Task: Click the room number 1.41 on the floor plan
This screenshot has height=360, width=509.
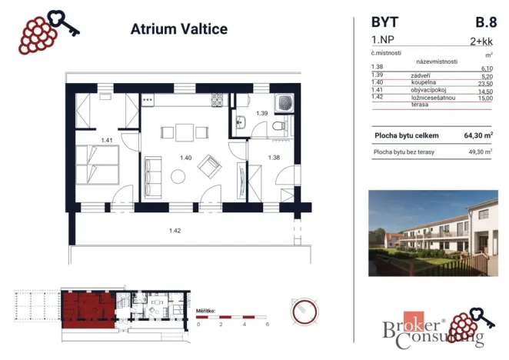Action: [x=107, y=140]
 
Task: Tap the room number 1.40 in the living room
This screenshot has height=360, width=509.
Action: [x=185, y=158]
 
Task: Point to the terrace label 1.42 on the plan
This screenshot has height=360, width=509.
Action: [x=176, y=228]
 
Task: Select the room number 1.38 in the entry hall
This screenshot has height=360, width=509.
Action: [x=273, y=158]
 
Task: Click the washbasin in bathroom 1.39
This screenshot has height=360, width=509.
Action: [x=240, y=119]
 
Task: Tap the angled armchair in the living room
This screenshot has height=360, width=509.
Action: [x=209, y=165]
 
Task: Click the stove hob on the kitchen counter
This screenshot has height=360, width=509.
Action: [x=217, y=99]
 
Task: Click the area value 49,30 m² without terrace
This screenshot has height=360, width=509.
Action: [x=478, y=152]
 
